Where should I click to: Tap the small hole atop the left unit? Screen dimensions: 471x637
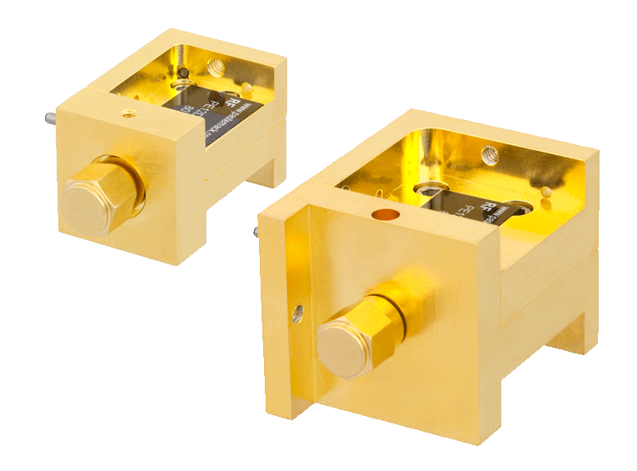point(126,112)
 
